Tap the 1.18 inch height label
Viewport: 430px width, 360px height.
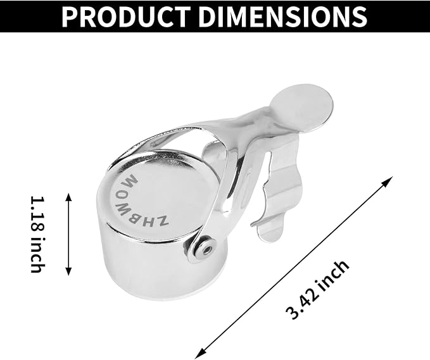click(36, 233)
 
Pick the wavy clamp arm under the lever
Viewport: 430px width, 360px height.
click(279, 196)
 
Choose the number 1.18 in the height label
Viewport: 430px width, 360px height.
click(36, 213)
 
